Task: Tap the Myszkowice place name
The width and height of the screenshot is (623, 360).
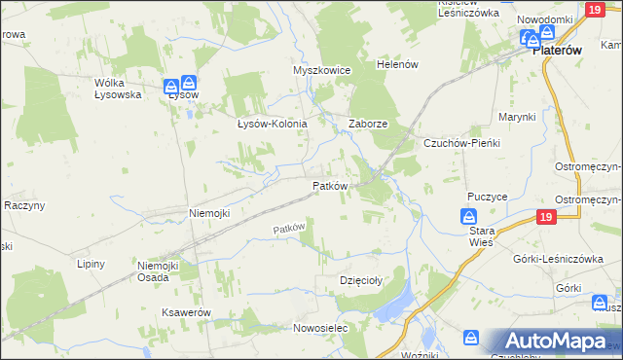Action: pos(321,71)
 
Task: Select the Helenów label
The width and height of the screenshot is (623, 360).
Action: pos(397,64)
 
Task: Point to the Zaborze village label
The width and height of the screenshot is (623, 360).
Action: pos(369,125)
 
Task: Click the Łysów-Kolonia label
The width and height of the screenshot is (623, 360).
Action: pos(273,125)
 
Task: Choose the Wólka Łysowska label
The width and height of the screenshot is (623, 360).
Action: pos(117,89)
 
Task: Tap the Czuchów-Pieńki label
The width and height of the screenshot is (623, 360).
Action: pos(460,143)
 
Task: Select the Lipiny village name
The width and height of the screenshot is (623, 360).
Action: pos(92,264)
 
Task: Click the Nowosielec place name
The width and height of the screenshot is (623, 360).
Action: pos(320,329)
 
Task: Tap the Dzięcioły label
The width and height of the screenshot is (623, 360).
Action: pos(358,280)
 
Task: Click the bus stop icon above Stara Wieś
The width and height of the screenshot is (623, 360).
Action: pos(469,216)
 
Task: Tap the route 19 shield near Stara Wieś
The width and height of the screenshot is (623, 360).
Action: pos(545,216)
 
